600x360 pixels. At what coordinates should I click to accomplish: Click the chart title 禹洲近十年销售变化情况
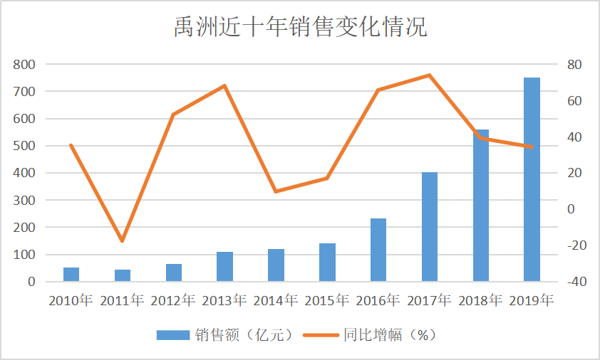tap(300, 27)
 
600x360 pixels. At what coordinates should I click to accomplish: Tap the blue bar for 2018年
tap(481, 206)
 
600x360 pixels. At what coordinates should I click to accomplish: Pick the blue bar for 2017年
tap(430, 227)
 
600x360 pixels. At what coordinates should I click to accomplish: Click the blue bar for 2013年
tap(225, 267)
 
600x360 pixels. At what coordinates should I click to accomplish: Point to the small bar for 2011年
tap(122, 276)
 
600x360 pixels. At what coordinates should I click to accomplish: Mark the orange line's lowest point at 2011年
tap(122, 241)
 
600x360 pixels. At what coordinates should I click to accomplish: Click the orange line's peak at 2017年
tap(430, 75)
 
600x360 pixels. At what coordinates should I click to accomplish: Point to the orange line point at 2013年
tap(225, 86)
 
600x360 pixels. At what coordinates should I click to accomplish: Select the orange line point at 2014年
tap(276, 191)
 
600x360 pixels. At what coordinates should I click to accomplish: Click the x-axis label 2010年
tap(71, 299)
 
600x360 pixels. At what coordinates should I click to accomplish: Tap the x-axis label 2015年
tap(327, 299)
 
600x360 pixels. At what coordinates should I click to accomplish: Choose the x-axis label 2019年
tap(532, 299)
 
